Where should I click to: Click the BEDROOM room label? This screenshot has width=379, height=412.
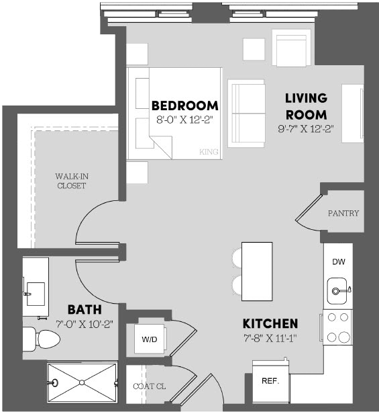pyautogui.click(x=184, y=106)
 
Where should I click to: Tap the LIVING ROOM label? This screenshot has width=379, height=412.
pyautogui.click(x=305, y=106)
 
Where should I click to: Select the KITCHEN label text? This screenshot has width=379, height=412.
pyautogui.click(x=270, y=324)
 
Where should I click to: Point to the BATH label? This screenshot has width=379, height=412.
pyautogui.click(x=85, y=310)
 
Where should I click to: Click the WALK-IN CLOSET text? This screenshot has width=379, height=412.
pyautogui.click(x=71, y=181)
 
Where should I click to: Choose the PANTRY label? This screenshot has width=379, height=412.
pyautogui.click(x=343, y=214)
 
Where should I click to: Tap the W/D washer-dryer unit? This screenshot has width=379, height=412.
pyautogui.click(x=148, y=340)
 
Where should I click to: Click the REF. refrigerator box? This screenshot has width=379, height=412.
pyautogui.click(x=270, y=381)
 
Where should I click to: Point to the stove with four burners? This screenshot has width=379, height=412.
pyautogui.click(x=337, y=327)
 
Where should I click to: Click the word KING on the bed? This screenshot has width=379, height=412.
pyautogui.click(x=209, y=153)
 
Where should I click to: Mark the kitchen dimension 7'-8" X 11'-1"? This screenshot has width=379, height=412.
pyautogui.click(x=270, y=339)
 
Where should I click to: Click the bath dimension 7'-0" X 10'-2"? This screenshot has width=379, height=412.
pyautogui.click(x=85, y=325)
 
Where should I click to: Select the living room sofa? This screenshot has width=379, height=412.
pyautogui.click(x=247, y=113)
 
